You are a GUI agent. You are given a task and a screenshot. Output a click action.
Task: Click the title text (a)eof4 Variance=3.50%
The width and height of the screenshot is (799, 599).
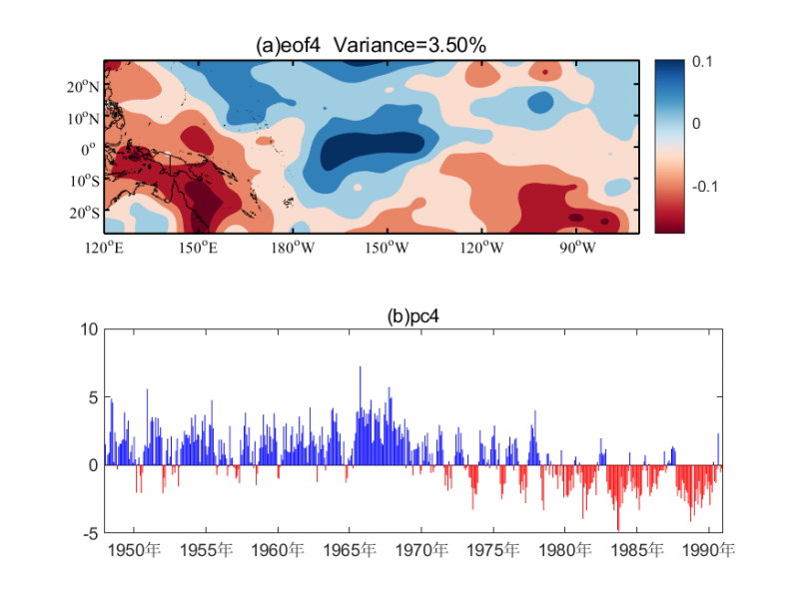371,45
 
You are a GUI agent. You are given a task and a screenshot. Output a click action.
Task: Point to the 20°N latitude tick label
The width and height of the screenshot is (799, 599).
85,87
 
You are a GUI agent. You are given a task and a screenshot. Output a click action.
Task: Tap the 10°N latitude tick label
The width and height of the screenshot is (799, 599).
85,118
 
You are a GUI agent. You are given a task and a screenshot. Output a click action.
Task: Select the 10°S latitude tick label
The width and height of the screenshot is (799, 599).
85,181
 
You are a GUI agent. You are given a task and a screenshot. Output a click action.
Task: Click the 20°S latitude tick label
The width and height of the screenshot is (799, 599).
85,212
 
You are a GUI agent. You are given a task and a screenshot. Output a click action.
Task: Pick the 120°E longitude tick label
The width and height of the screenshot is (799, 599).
105,247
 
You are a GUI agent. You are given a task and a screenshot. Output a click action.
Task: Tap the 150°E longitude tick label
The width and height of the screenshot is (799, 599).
202,247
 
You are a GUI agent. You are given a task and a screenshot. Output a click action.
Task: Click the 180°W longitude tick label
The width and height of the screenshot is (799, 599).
297,247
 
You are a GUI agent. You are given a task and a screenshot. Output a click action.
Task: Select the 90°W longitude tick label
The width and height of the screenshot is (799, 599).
577,247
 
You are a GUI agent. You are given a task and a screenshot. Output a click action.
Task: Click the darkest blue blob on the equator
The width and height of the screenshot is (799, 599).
375,150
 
